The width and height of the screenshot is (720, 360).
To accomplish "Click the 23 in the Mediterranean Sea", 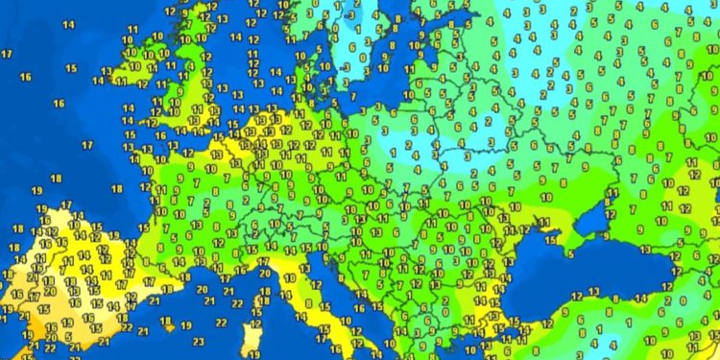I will pos(198,339).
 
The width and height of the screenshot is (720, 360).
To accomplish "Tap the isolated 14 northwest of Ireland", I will pos(69,26).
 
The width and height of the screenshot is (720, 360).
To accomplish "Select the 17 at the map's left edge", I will pos(7,54).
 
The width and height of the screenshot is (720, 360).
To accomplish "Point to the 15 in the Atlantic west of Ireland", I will pos(71,68).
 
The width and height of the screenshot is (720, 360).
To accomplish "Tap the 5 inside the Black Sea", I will pos(570,254).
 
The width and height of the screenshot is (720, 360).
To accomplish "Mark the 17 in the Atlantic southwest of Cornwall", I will pos(86,145).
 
